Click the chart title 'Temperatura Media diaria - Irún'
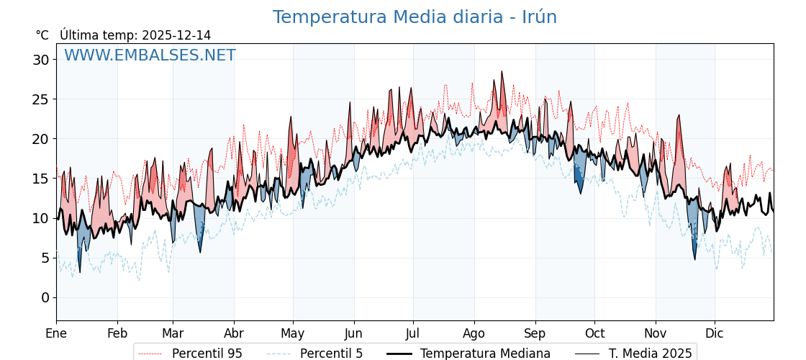coord(415,17)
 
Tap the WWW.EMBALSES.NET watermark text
coord(150,55)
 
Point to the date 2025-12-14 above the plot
coord(176,35)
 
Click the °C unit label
coord(42,35)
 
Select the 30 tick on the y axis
coord(40,60)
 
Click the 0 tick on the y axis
coord(45,297)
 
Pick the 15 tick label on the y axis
coord(40,179)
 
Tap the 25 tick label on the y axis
coord(40,99)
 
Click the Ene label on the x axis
coord(56,333)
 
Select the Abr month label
coord(234,333)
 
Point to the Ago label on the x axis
coord(474,333)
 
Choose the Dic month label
coord(715,333)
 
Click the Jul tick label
coord(413,333)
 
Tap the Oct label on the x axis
coord(594,333)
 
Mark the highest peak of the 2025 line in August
coord(502,72)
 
